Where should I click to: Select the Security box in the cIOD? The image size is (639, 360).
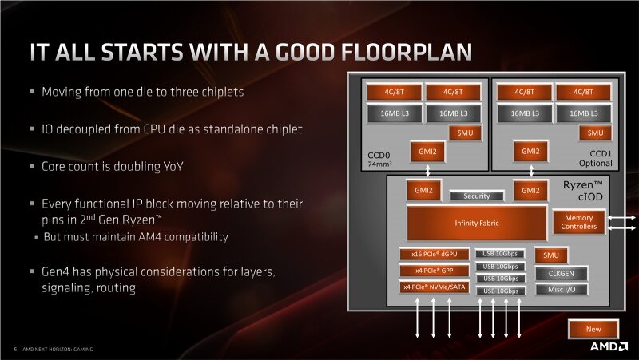coord(477,196)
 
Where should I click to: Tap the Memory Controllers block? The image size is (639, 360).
coord(579,222)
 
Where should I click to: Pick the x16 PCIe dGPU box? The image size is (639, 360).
coord(434,255)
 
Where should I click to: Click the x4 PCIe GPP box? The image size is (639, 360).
coord(434,271)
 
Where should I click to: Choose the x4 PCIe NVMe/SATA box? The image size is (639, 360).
coord(434,287)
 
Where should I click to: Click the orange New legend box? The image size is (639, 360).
coord(593,328)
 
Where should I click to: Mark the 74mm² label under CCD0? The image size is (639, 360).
coord(370,164)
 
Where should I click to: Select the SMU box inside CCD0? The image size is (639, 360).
coord(463,133)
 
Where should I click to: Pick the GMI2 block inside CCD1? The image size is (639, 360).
coord(530,150)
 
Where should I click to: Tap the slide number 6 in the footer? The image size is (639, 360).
coord(15,349)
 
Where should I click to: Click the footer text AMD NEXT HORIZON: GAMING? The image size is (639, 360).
coord(57,349)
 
